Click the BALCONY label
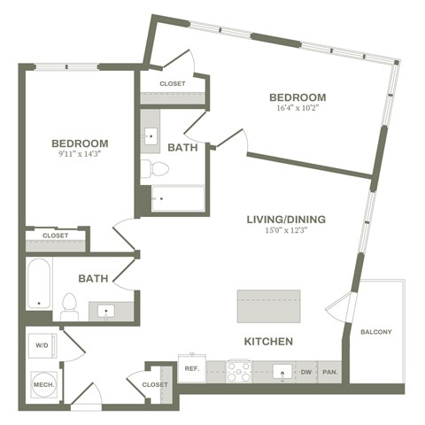[376, 332]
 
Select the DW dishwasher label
[306, 372]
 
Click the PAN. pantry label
[329, 372]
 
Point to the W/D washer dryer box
[42, 344]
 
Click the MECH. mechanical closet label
[43, 385]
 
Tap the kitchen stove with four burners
[238, 369]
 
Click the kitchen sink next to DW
[282, 371]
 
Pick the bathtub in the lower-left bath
[39, 283]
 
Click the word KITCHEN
[268, 341]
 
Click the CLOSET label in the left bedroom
[55, 236]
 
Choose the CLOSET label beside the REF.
[153, 384]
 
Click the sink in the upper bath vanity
[150, 135]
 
